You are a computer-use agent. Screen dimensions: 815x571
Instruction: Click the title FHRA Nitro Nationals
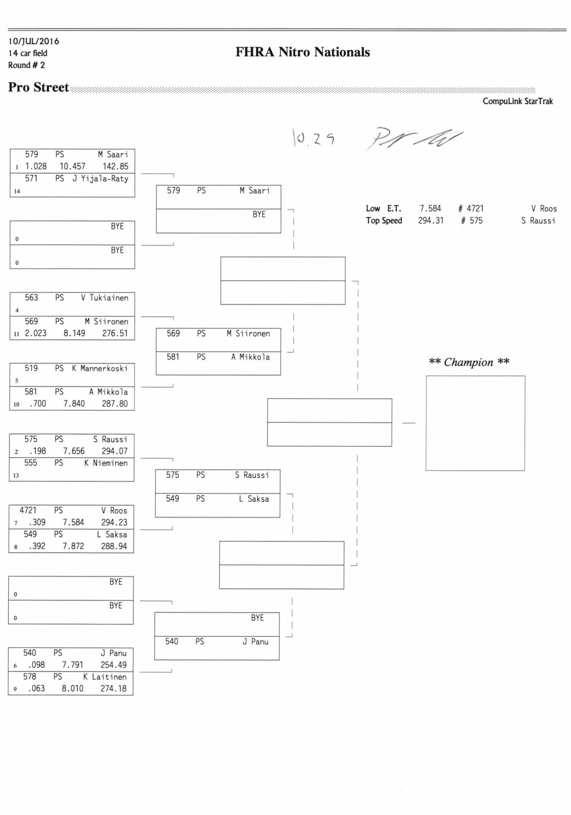302,52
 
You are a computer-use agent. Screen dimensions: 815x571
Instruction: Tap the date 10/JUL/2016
34,41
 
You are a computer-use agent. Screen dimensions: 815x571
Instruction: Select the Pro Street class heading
38,88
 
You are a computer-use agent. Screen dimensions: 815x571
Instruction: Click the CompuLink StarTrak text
517,101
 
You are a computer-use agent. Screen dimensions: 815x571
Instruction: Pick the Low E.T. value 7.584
430,208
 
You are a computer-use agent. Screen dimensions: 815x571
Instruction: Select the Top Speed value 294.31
431,221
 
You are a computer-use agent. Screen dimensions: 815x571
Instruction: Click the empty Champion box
475,423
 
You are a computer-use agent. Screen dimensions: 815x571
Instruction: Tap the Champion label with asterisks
469,362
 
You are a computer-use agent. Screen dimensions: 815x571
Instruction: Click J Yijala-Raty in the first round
100,179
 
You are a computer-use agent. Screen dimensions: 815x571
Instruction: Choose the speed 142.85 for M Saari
115,167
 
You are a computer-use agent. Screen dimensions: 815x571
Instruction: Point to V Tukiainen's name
105,298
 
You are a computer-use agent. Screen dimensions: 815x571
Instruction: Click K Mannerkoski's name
100,368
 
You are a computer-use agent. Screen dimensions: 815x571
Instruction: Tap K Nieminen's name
106,463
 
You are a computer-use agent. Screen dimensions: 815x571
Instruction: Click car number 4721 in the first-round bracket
28,510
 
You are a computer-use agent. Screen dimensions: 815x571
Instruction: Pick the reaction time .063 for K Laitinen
36,689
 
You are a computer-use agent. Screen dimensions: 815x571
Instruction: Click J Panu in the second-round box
255,642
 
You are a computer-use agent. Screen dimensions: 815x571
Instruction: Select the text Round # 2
27,65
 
